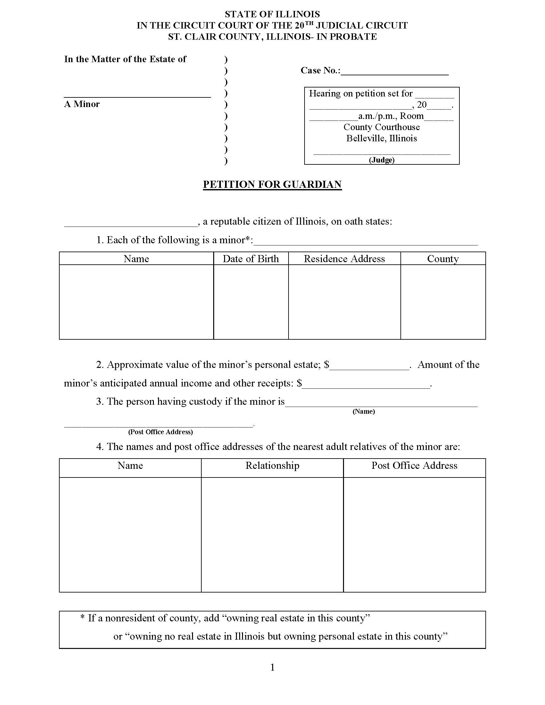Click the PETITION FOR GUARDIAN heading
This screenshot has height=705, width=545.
[272, 184]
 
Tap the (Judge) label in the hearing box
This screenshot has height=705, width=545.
[382, 160]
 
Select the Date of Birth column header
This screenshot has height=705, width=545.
[251, 259]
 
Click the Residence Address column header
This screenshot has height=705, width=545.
[344, 259]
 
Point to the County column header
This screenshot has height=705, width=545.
[443, 259]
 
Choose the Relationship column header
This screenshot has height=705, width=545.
[272, 466]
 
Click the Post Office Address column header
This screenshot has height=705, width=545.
[414, 466]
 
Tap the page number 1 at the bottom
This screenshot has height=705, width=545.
[272, 667]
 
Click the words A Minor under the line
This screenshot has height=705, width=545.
[82, 104]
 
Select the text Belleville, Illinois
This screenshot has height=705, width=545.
[382, 138]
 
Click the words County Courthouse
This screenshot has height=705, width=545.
[382, 127]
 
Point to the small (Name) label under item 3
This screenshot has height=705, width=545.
[364, 411]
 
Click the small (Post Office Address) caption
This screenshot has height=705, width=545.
[161, 432]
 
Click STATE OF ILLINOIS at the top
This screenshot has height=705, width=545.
[272, 14]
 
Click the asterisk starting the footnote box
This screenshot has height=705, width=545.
[82, 618]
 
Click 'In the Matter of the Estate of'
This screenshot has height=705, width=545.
[125, 59]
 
